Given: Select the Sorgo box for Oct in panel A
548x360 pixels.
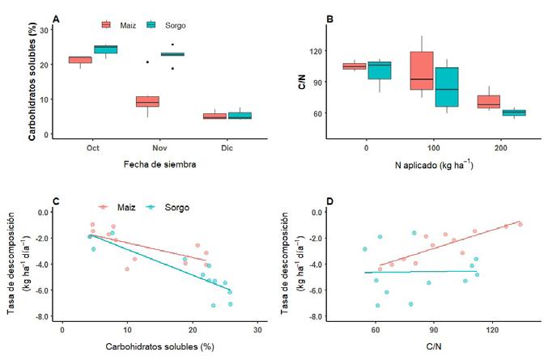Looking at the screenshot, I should [106, 49].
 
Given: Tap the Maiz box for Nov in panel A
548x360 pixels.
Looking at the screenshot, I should [147, 101].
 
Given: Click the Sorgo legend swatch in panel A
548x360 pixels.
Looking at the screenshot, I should [152, 25].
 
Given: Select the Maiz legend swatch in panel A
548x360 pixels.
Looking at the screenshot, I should [107, 25].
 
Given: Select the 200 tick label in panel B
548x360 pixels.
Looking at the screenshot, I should [490, 148].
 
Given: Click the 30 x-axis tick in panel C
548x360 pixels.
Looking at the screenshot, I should [257, 331].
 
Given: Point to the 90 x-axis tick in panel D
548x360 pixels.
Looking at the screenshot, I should [434, 331].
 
